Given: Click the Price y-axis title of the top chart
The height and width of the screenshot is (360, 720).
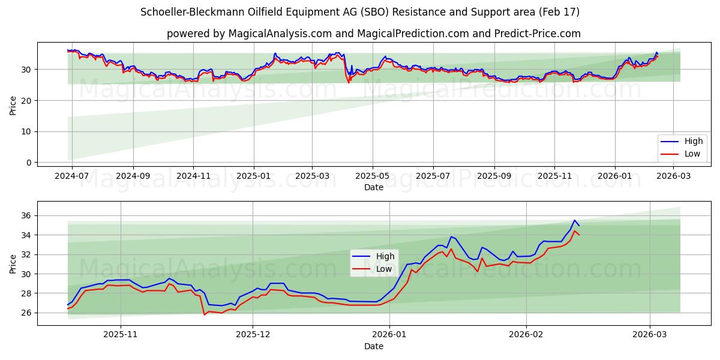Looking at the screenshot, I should (13, 105).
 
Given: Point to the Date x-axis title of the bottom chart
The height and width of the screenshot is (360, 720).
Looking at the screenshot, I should (373, 346).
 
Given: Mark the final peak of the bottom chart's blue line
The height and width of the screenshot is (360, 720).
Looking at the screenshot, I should (574, 220).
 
